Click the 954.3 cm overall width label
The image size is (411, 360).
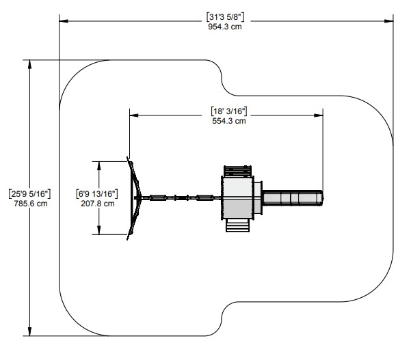pyautogui.click(x=225, y=27)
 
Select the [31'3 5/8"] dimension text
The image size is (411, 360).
pyautogui.click(x=225, y=17)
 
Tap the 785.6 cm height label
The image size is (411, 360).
pyautogui.click(x=31, y=204)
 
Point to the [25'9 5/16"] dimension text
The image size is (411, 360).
pyautogui.click(x=29, y=194)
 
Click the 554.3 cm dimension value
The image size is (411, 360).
pyautogui.click(x=229, y=121)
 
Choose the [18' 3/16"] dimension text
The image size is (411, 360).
pyautogui.click(x=229, y=111)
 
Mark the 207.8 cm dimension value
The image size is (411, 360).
pyautogui.click(x=98, y=204)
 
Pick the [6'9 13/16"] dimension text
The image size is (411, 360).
pyautogui.click(x=97, y=194)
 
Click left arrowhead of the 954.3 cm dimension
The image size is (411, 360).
pyautogui.click(x=64, y=21)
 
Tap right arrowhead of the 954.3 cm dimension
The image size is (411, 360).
pyautogui.click(x=388, y=21)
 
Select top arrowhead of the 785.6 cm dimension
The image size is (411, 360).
pyautogui.click(x=29, y=64)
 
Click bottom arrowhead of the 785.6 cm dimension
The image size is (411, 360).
pyautogui.click(x=29, y=331)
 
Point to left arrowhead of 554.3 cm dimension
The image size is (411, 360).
pyautogui.click(x=134, y=115)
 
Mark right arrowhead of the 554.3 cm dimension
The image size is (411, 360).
pyautogui.click(x=319, y=115)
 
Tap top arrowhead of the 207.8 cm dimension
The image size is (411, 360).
pyautogui.click(x=99, y=166)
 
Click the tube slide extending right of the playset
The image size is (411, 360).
pyautogui.click(x=293, y=198)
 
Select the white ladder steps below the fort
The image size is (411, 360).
pyautogui.click(x=237, y=225)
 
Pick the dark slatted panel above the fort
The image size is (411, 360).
pyautogui.click(x=237, y=171)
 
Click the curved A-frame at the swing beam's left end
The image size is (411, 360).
pyautogui.click(x=134, y=198)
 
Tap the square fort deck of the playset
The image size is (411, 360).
pyautogui.click(x=237, y=198)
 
